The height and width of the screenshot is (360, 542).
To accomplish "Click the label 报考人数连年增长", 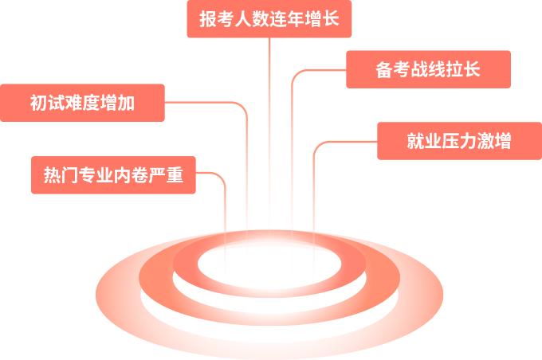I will [x=269, y=18].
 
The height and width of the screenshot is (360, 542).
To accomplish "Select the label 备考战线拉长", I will [x=427, y=69].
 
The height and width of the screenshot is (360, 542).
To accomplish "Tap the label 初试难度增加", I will [x=82, y=103].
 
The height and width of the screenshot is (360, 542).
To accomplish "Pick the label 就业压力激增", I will [x=458, y=141].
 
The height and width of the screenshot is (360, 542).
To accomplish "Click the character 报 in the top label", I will [x=207, y=18].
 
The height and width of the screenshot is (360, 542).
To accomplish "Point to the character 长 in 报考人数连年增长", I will [x=332, y=18].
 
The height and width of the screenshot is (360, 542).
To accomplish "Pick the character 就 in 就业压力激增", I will [x=415, y=142].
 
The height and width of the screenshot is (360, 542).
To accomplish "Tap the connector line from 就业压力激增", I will [x=313, y=207].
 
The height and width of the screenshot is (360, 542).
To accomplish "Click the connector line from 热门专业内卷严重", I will [x=225, y=223].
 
